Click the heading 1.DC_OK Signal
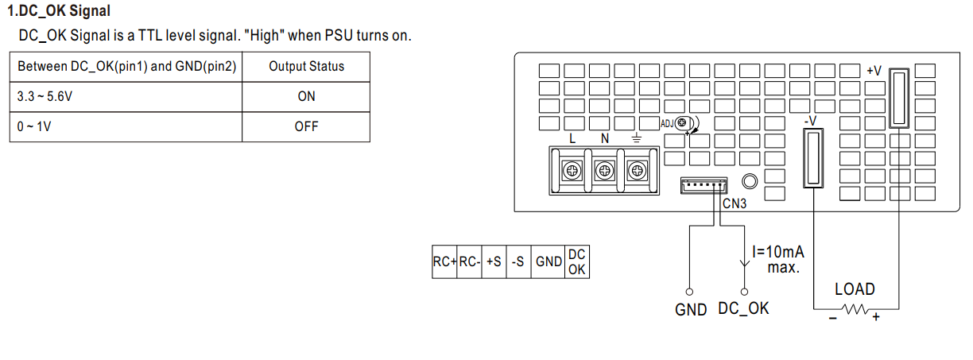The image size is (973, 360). tap(59, 11)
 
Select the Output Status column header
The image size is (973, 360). tap(306, 67)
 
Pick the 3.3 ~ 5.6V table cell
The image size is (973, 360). tap(126, 96)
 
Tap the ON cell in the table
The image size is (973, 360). tap(306, 96)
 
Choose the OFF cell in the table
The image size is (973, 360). tap(306, 127)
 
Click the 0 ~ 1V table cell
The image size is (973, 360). tap(126, 127)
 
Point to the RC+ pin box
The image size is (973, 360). tap(444, 262)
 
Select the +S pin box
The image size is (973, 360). tap(494, 262)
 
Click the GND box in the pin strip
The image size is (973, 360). tap(549, 262)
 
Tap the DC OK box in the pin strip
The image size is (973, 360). tap(577, 262)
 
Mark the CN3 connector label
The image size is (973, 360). tap(734, 203)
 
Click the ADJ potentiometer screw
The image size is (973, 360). tap(682, 123)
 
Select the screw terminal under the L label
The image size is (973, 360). tap(572, 171)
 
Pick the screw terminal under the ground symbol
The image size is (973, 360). tap(637, 171)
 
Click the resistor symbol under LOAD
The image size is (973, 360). tap(855, 309)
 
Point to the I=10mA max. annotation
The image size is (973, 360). tap(779, 259)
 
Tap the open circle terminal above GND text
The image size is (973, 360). tap(689, 292)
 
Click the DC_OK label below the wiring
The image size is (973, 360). tap(743, 309)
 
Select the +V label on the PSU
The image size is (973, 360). tap(874, 71)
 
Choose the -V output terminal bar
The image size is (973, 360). tap(813, 158)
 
